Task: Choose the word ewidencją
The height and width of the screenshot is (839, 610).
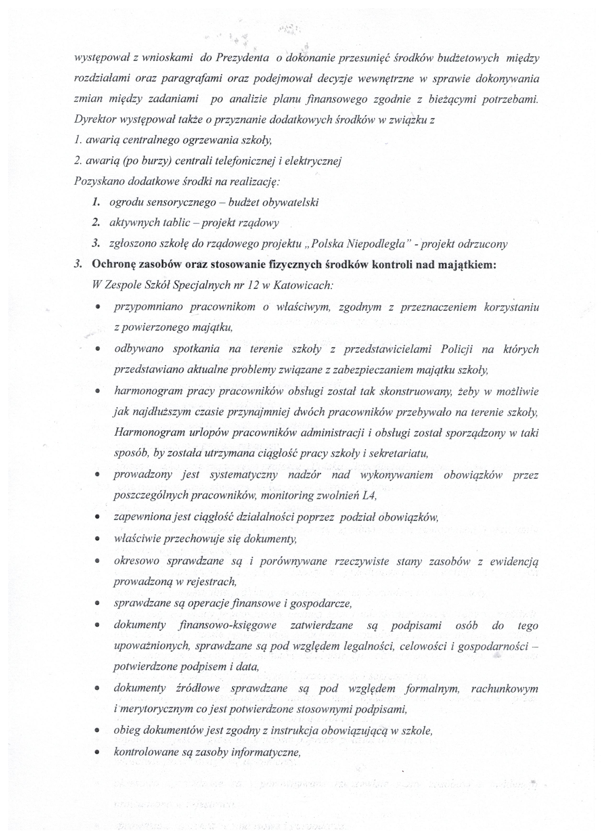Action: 514,561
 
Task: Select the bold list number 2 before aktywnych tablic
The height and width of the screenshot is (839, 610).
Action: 96,223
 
